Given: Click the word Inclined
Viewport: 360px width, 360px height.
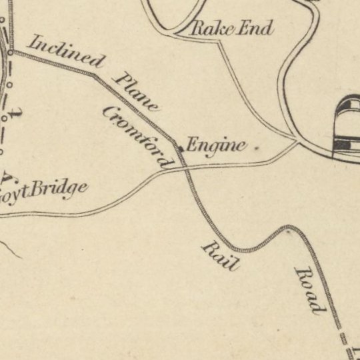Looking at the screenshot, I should coord(66,51).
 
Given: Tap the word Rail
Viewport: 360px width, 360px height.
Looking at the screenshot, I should coord(221,256).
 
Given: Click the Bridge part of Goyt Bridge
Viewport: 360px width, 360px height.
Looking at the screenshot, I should coord(57,190).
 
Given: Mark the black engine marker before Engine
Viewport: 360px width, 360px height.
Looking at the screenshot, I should coord(179,149).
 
